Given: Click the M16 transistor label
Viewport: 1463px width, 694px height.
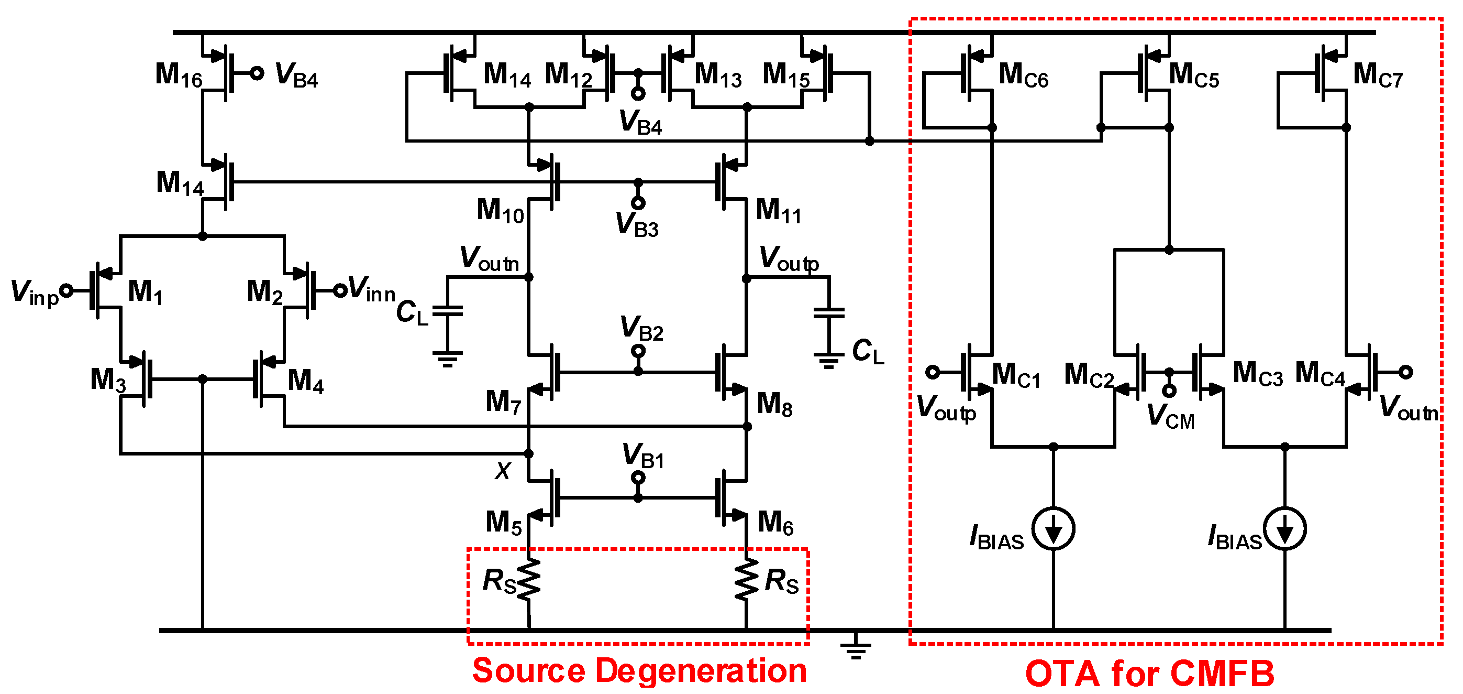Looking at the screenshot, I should coord(179,75).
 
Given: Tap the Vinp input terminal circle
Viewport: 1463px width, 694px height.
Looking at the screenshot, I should coord(66,290).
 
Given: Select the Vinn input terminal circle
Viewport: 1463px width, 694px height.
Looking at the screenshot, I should coord(339,290).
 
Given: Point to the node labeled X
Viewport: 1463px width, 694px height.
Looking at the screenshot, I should coord(529,453).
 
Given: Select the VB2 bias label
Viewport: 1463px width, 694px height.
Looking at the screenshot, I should coord(641,328).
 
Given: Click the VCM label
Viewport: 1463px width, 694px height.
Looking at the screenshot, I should coord(1170,416).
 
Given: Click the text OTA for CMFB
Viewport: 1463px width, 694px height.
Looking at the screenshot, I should coord(1149,674).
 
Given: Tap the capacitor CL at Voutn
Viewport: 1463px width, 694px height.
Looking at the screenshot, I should coord(448,311).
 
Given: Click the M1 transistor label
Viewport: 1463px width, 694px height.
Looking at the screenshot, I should coord(145,292).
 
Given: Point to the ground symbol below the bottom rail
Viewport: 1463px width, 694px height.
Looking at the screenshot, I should coord(856,648).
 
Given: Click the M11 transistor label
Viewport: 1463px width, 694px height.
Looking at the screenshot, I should coord(778,211).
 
